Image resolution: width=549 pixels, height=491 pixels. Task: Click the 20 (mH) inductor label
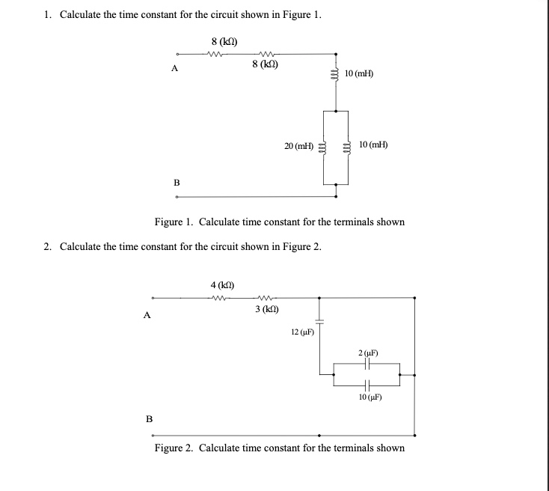point(299,145)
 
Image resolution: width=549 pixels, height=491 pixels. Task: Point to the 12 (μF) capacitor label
point(302,332)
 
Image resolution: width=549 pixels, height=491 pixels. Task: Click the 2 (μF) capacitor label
point(368,352)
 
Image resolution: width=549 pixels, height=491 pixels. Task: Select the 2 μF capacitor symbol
point(368,363)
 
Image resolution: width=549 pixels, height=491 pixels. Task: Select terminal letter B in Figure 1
point(177,181)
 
